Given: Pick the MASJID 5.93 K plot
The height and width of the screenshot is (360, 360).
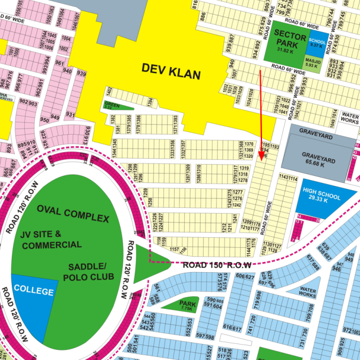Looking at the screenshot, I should (313, 62).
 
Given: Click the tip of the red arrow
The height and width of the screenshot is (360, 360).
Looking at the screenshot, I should (263, 160).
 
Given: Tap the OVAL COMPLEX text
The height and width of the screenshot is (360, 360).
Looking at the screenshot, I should (72, 214).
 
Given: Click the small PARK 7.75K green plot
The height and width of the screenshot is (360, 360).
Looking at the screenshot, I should (187, 305).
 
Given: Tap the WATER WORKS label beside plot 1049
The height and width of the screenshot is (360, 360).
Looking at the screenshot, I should (350, 116).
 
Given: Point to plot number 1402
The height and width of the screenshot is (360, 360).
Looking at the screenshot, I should (109, 92).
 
